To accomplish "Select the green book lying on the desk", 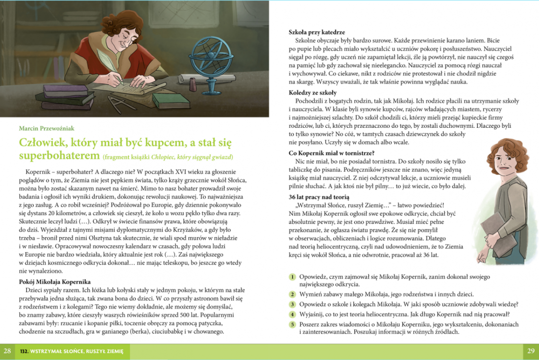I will click(x=170, y=100).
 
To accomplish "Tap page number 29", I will click(x=531, y=351).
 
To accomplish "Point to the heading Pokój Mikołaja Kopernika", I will click(x=55, y=282).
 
